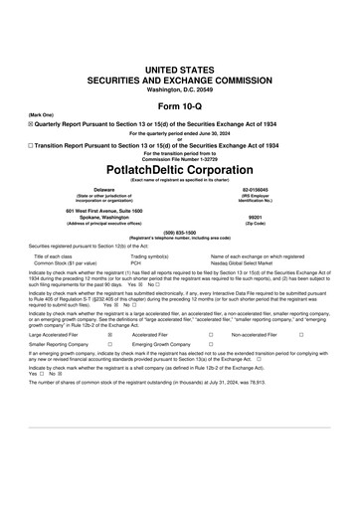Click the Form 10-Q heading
[x=180, y=106]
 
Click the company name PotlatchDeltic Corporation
[x=180, y=168]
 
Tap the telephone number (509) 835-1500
[x=180, y=233]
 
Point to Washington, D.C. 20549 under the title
[x=180, y=89]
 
